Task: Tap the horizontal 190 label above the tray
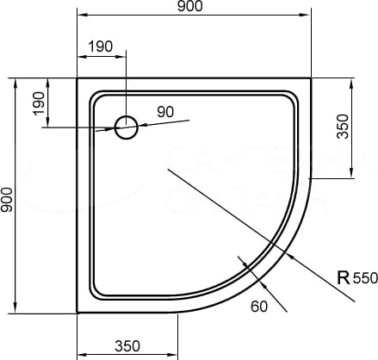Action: (100, 47)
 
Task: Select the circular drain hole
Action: (127, 127)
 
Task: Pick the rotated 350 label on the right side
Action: (343, 127)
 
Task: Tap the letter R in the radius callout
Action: (343, 277)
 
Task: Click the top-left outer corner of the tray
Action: (77, 78)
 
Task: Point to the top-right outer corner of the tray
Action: (311, 78)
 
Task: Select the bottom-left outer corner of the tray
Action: (77, 312)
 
